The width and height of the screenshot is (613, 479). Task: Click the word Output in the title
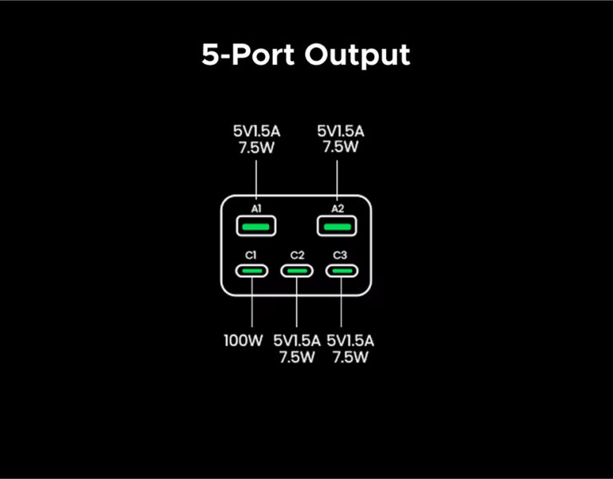pos(358,55)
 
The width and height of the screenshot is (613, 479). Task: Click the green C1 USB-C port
pos(251,271)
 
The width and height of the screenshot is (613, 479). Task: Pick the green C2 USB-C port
pos(297,271)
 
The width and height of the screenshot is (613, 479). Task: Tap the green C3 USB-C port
pos(342,271)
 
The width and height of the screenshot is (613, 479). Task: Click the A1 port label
pos(256,208)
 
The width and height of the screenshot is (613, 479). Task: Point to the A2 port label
pos(337,208)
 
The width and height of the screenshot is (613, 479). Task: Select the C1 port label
pos(251,255)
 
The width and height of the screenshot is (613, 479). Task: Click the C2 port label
pos(297,255)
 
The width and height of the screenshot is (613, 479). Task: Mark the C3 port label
pos(342,255)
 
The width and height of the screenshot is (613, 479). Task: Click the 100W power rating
pos(243,341)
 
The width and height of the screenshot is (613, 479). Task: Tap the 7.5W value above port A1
pos(256,147)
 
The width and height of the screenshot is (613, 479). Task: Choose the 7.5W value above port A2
pos(341,147)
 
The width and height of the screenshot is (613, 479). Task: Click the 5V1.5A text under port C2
pos(297,341)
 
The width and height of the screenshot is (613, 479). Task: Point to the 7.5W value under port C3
pos(351,357)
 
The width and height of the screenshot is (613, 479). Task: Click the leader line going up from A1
pos(256,180)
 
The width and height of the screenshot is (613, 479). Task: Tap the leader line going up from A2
pos(337,180)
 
